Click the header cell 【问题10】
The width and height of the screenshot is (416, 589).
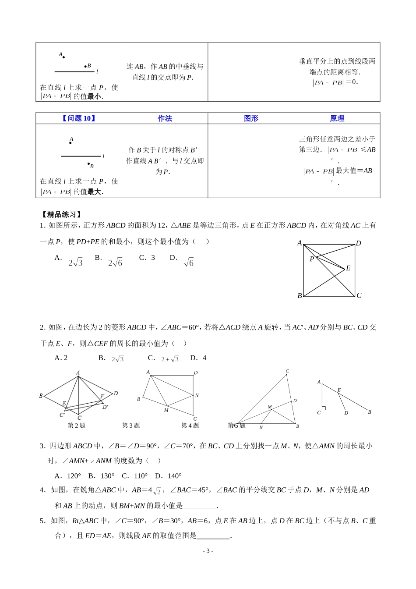point(79,118)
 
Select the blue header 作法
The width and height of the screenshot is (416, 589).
point(165,118)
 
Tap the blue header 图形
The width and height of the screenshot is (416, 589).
point(251,118)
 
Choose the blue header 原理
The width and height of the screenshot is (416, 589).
point(337,118)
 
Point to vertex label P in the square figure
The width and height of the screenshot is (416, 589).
point(312,259)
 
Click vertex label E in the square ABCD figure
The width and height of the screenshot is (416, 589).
point(348,268)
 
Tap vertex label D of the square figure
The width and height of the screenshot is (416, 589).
point(358,243)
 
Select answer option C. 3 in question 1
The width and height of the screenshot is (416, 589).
point(147,258)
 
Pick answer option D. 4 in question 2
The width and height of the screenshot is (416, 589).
point(198,358)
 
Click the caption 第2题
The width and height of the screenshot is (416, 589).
point(77,426)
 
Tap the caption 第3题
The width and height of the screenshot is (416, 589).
point(131,426)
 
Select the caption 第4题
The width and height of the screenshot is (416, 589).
point(190,426)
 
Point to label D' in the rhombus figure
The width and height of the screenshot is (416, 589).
point(105,407)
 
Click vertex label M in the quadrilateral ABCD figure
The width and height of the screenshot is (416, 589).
point(166,410)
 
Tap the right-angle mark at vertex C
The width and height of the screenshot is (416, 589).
point(324,408)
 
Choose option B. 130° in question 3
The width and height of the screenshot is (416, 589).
point(101,476)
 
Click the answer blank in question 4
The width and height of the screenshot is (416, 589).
point(200,506)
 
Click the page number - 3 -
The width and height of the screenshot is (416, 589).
point(208,551)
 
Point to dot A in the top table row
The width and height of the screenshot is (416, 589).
point(64,57)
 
